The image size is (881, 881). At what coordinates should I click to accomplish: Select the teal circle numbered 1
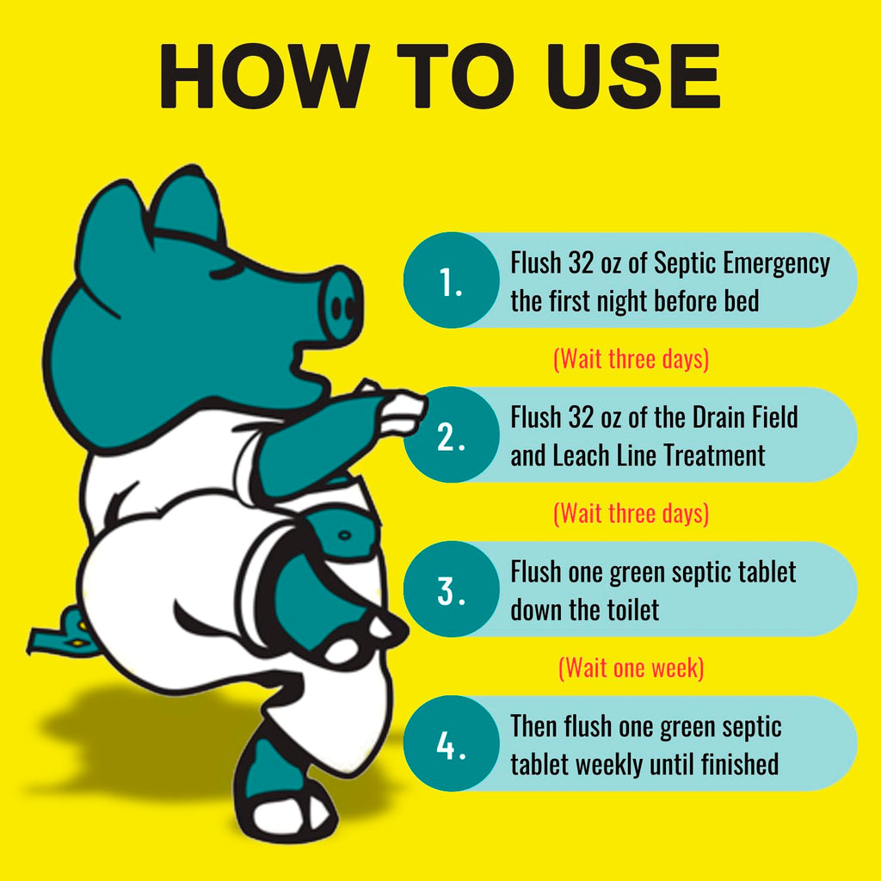451,280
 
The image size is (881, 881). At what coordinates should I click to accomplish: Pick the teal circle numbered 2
451,434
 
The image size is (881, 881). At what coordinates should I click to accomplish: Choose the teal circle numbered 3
451,588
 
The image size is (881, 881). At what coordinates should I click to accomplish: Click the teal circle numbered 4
451,743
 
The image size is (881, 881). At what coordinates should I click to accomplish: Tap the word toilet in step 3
631,610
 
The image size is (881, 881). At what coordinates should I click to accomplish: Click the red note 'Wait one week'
631,668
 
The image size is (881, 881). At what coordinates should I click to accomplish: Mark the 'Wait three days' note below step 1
631,359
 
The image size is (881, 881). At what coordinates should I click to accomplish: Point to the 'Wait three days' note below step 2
631,514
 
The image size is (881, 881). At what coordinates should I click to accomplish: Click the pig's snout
341,305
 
